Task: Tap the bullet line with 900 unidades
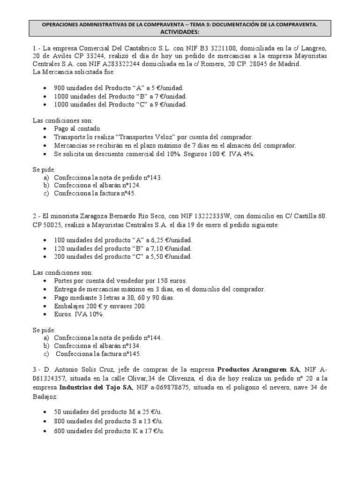click(x=119, y=88)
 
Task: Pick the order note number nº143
click(x=150, y=178)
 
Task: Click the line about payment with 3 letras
click(x=114, y=297)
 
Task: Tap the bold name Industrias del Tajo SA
click(x=96, y=387)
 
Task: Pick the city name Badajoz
click(x=45, y=396)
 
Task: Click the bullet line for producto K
click(x=109, y=430)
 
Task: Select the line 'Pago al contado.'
click(x=78, y=128)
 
